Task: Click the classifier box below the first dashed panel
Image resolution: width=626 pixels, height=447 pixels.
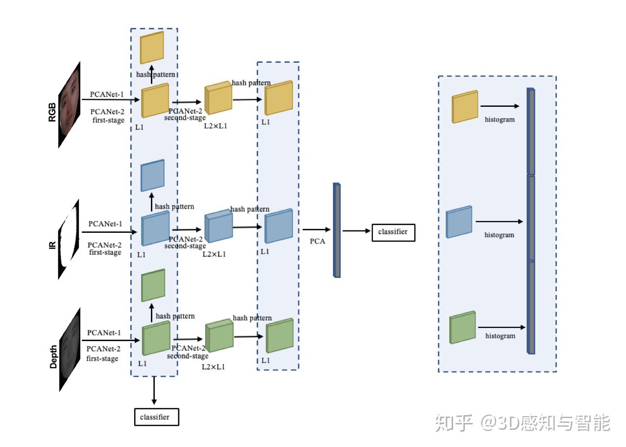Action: tap(157, 417)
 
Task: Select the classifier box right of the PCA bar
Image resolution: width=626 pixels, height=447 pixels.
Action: tap(393, 232)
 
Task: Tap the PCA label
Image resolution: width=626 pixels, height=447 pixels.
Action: tap(317, 241)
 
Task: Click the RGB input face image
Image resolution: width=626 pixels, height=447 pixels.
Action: tap(69, 105)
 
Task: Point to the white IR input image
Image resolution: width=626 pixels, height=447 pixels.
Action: tap(69, 239)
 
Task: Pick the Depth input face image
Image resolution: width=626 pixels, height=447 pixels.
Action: tap(70, 349)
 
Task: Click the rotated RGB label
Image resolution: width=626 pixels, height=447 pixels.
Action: tap(52, 112)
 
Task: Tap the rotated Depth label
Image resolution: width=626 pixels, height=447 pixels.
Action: tap(53, 357)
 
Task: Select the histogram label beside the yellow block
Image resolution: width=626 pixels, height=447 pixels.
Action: tap(500, 120)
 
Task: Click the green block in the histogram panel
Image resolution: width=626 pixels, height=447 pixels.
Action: tap(462, 327)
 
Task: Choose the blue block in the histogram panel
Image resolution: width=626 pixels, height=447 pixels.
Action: tap(459, 222)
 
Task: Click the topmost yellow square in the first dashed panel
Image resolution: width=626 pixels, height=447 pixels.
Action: tap(152, 48)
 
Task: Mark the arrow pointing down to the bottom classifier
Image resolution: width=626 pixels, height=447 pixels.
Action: tap(154, 390)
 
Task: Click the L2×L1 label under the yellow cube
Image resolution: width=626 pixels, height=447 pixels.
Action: tap(216, 126)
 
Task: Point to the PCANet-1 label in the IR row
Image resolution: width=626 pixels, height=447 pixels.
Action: tap(105, 224)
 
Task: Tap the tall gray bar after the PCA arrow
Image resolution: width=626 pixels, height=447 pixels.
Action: tap(337, 230)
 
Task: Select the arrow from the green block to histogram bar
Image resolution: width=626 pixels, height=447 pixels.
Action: tap(502, 327)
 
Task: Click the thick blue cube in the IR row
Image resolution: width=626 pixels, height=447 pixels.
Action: tap(218, 226)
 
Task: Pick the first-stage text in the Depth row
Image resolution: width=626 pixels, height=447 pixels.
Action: tap(102, 358)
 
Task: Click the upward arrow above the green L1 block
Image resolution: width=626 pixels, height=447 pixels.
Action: tap(152, 313)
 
